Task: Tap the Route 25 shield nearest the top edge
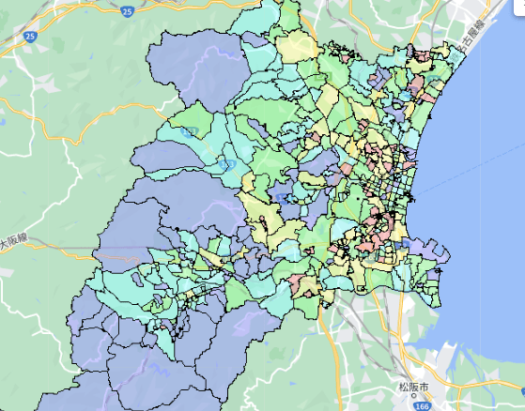[x=127, y=10]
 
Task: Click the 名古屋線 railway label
[x=470, y=34]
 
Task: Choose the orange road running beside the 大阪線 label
[x=38, y=235]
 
